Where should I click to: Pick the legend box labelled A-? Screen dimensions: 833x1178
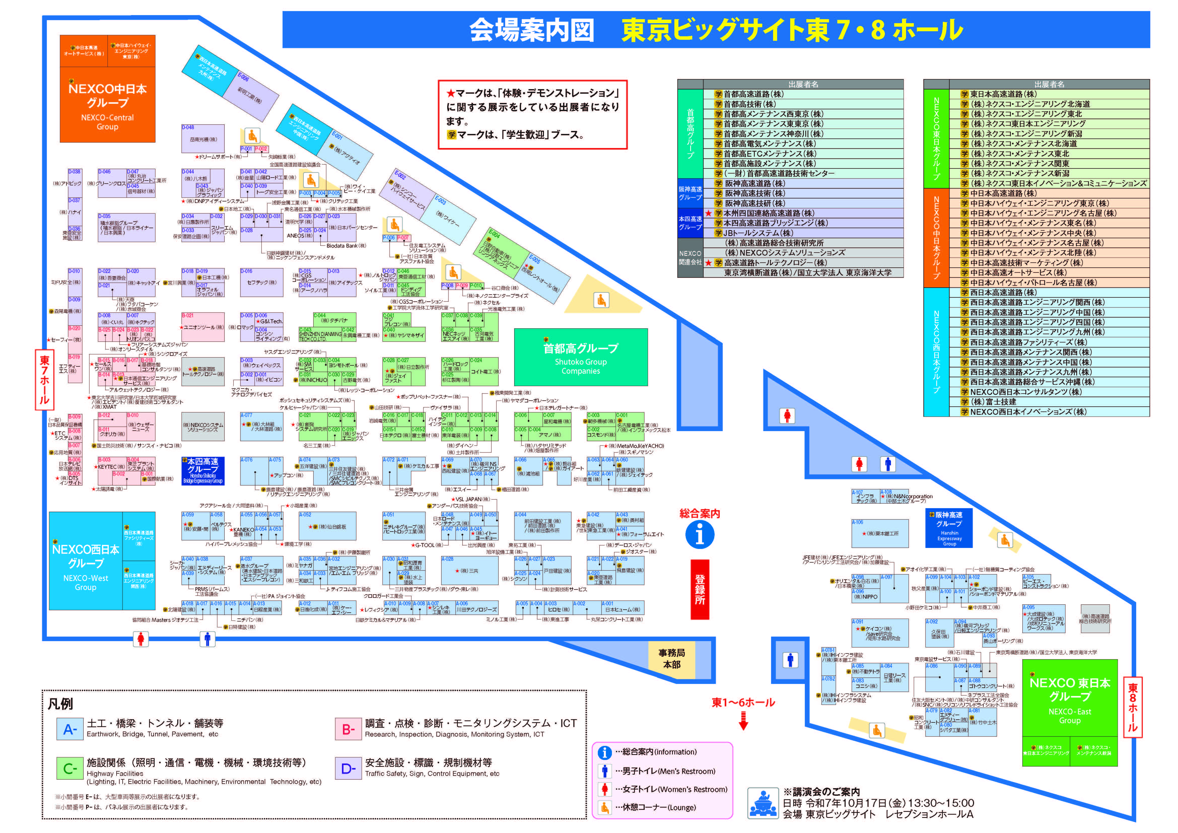70,729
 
